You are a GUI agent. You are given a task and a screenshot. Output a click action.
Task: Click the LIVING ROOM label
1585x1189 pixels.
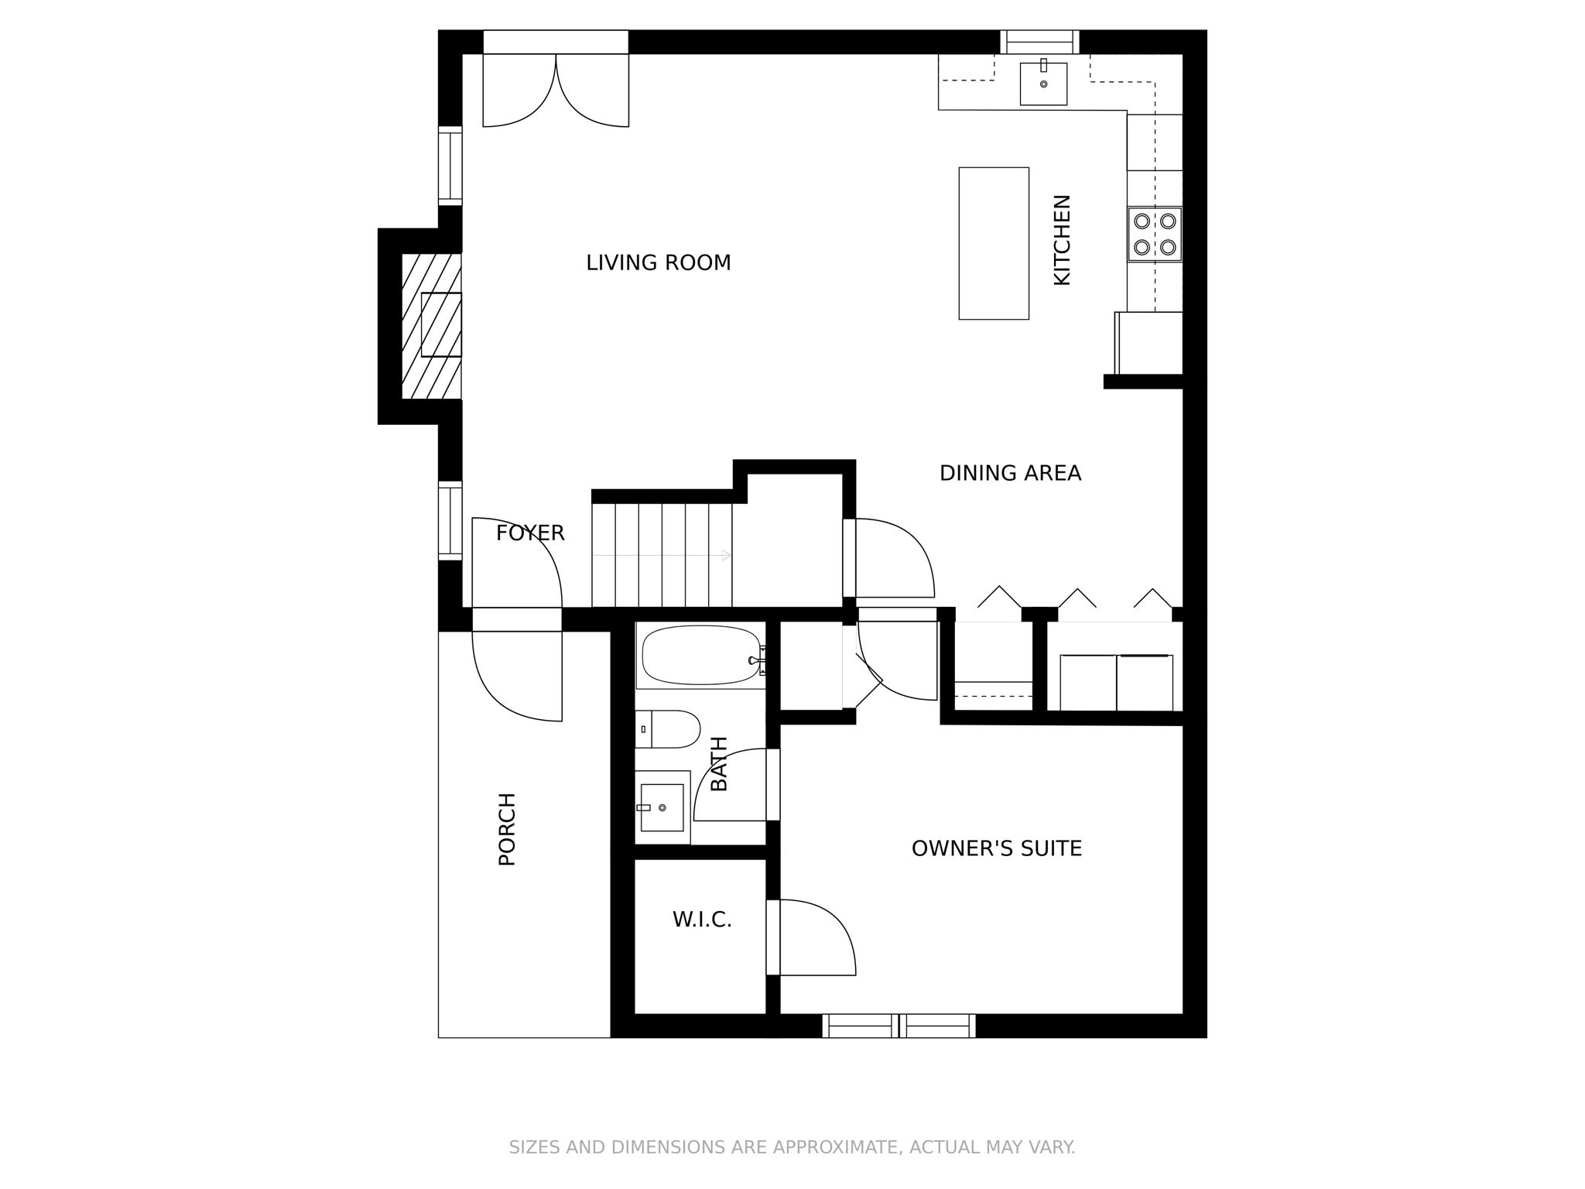pos(658,263)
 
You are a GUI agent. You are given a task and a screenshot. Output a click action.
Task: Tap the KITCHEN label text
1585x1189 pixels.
pos(1063,240)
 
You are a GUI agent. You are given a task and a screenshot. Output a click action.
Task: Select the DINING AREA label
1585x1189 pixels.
pos(1010,473)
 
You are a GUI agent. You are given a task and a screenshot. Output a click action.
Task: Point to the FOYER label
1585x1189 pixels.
pos(530,533)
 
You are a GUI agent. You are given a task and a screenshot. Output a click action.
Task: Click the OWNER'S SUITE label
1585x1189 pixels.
pos(996,848)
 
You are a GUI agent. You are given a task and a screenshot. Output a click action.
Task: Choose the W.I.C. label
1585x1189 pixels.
pos(701,920)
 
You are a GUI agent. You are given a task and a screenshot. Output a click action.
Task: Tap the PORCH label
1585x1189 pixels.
pos(507,828)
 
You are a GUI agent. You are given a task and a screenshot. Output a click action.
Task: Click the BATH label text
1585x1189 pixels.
pos(719,763)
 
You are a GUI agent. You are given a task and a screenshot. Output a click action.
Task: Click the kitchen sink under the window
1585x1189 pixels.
pos(1043,84)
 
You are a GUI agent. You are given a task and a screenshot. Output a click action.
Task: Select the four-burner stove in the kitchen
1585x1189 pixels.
pos(1154,234)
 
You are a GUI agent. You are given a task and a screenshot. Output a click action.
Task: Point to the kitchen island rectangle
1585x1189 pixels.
pos(994,243)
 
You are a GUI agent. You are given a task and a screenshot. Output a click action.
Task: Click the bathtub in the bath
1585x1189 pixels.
pos(700,656)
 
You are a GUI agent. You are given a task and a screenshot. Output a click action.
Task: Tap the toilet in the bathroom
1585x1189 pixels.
pos(670,729)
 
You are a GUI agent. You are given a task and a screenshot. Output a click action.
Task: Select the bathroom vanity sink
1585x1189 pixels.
pos(662,807)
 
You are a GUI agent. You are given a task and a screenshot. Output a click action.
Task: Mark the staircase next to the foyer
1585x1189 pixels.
pos(662,554)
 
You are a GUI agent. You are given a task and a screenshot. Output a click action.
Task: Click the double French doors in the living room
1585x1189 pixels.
pos(556,89)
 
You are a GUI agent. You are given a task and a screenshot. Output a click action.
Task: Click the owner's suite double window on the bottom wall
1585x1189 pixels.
pos(899,1026)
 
